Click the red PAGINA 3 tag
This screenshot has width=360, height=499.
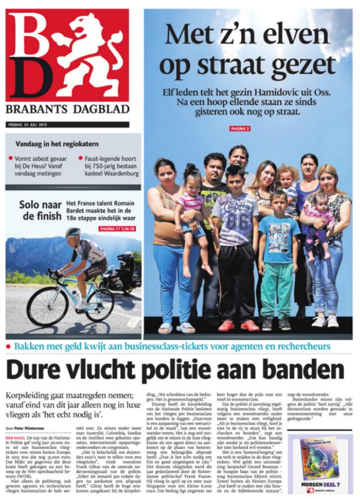point(241,128)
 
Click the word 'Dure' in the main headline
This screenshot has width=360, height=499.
point(37,370)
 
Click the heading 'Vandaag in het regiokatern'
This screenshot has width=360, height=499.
point(57,144)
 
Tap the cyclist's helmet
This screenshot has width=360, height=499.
point(73,232)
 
